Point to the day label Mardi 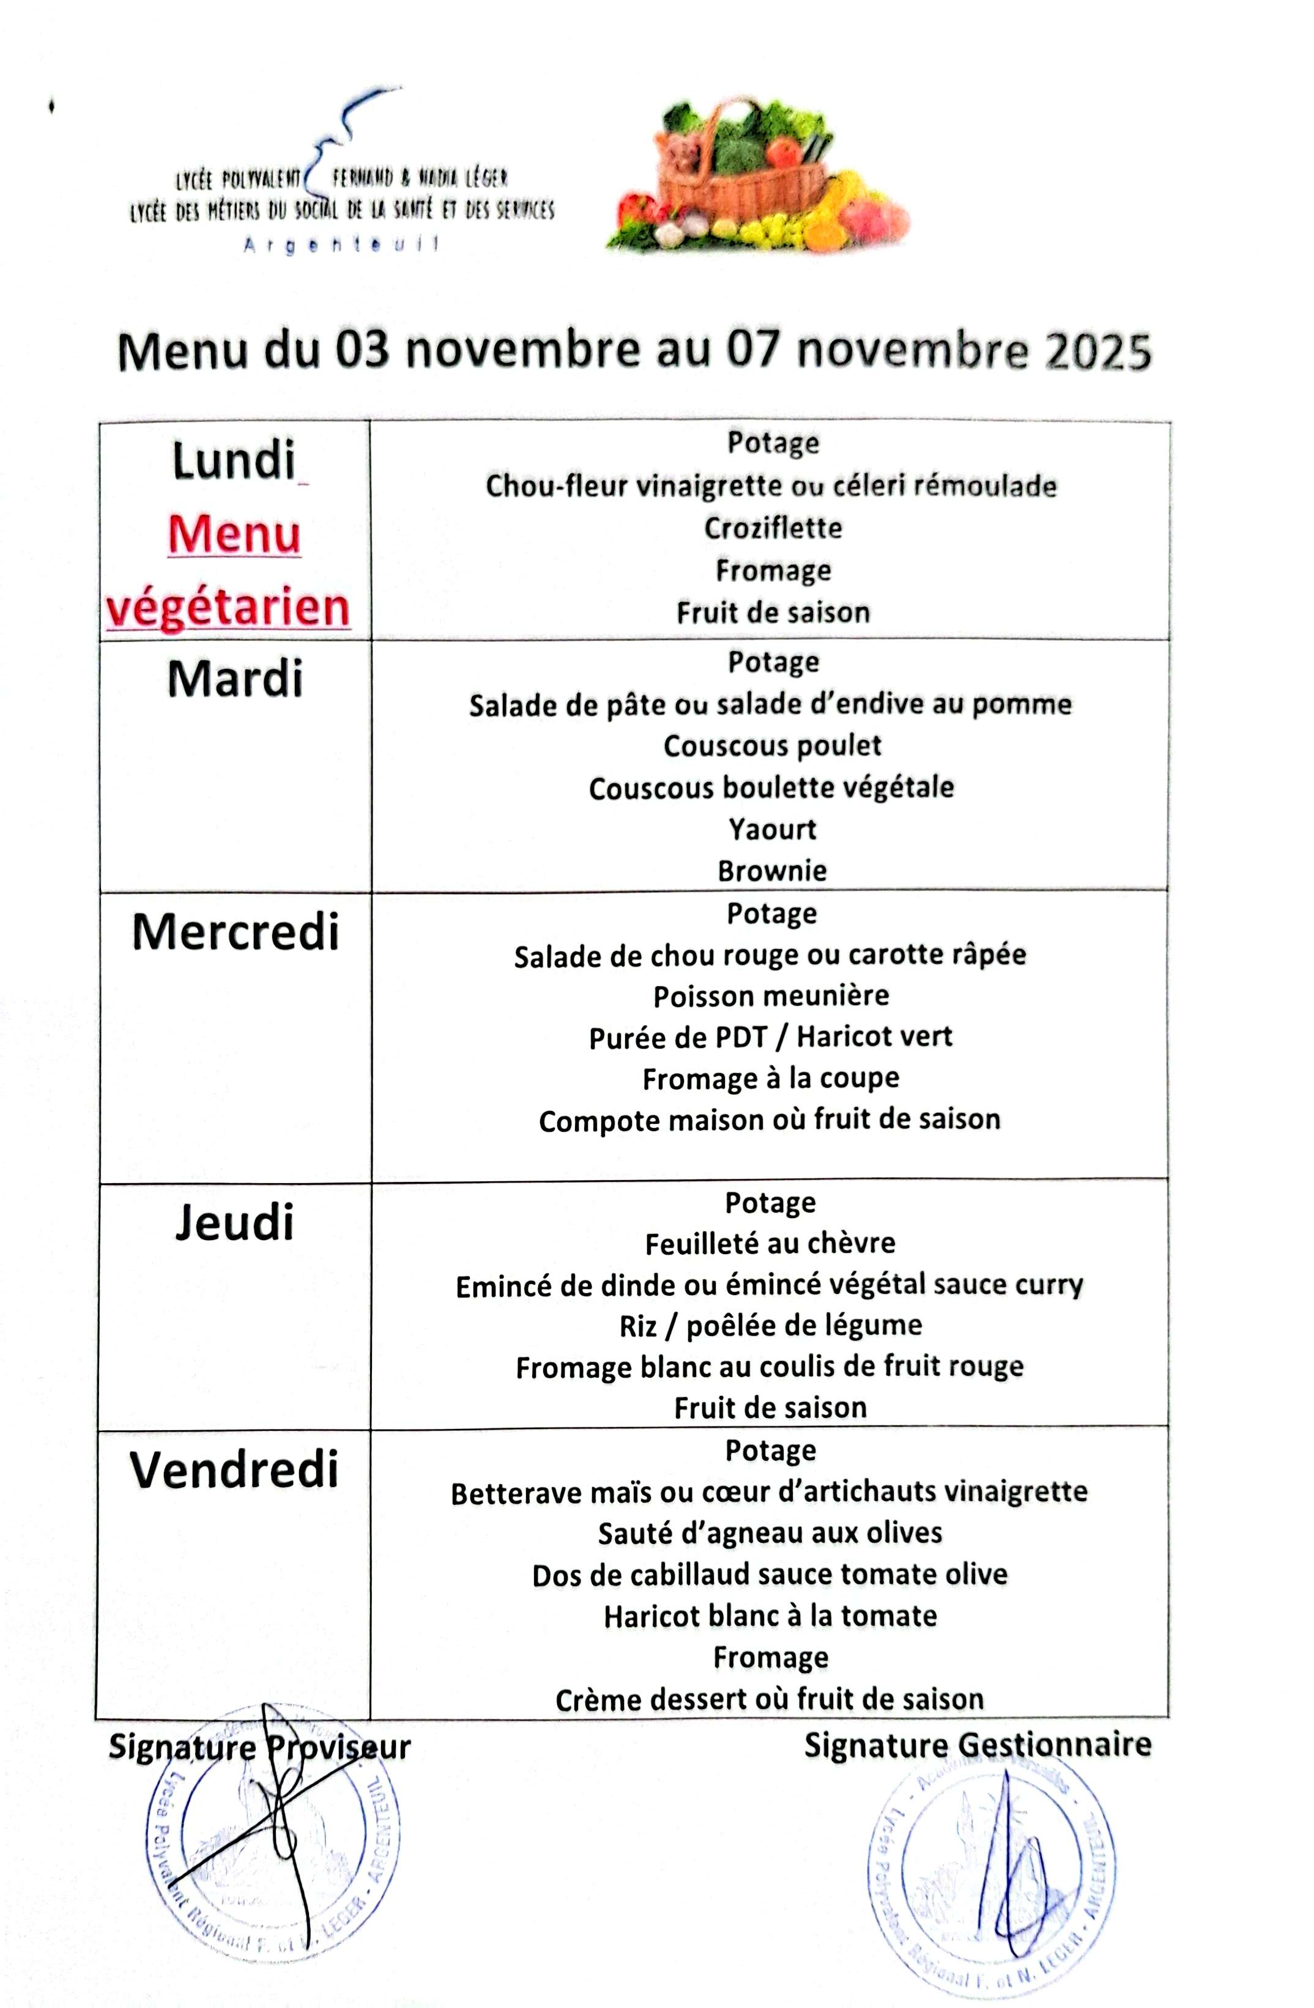tap(235, 680)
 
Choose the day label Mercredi tap(236, 932)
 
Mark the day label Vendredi tap(235, 1470)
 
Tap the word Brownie tap(772, 871)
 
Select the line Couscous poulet tap(772, 746)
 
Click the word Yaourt tap(772, 829)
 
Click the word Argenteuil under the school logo tap(342, 245)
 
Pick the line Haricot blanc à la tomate tap(770, 1615)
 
